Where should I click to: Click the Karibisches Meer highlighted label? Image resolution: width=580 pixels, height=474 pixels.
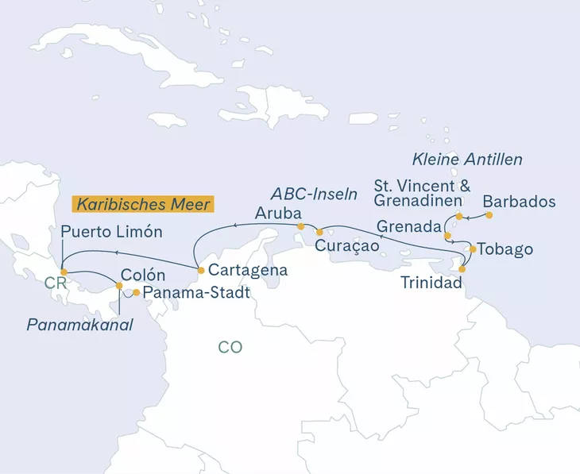pyautogui.click(x=144, y=203)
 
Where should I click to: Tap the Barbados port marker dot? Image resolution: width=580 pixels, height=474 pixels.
pyautogui.click(x=489, y=215)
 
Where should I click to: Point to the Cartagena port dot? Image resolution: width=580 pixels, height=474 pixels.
pyautogui.click(x=201, y=271)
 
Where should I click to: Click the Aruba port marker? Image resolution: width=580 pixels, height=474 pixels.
pyautogui.click(x=300, y=227)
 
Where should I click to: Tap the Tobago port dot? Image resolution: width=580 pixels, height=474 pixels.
pyautogui.click(x=473, y=249)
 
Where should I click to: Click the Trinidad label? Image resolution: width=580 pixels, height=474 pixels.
pyautogui.click(x=430, y=281)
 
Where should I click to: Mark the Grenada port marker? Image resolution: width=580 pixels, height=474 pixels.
pyautogui.click(x=447, y=235)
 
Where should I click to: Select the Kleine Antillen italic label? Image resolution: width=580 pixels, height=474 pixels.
pyautogui.click(x=468, y=160)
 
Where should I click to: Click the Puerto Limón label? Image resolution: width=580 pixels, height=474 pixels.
pyautogui.click(x=111, y=233)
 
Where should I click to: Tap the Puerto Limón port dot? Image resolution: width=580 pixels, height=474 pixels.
pyautogui.click(x=64, y=272)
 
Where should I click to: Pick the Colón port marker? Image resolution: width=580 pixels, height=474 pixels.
pyautogui.click(x=118, y=286)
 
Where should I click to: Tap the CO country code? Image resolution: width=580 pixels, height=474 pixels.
pyautogui.click(x=230, y=347)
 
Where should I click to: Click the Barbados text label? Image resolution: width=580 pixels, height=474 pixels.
pyautogui.click(x=519, y=201)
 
